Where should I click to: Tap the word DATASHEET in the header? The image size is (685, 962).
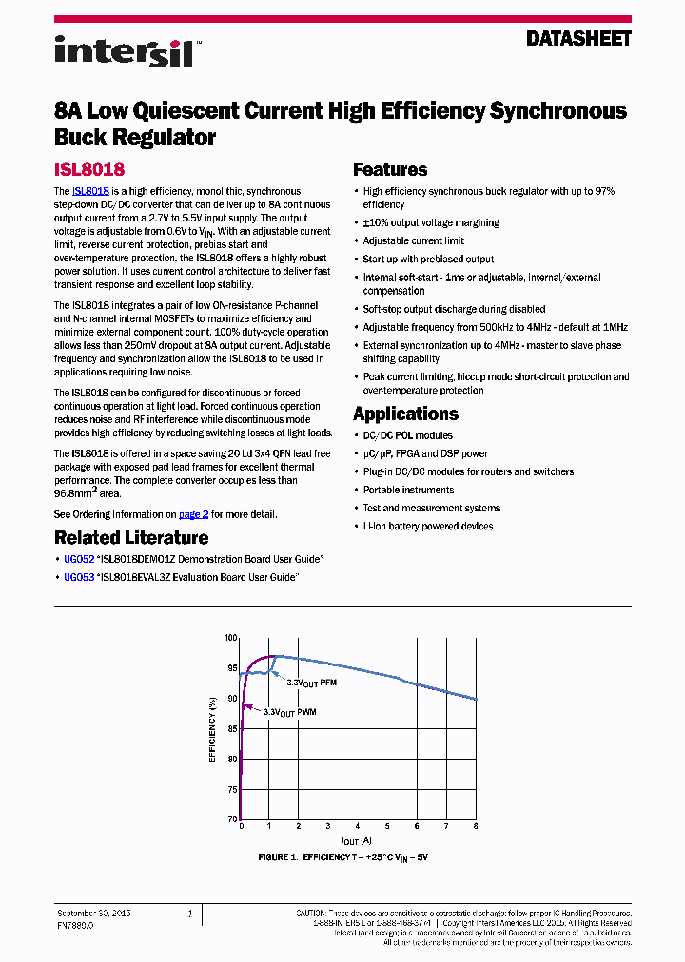click(x=578, y=39)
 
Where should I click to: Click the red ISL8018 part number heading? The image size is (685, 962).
click(x=89, y=170)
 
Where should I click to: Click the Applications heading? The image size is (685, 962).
click(x=405, y=414)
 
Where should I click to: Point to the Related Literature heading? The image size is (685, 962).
click(x=131, y=538)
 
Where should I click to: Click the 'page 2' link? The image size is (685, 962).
click(x=193, y=514)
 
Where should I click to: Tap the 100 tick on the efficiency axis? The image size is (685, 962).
click(x=229, y=637)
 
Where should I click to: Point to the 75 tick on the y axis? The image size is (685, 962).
click(x=231, y=789)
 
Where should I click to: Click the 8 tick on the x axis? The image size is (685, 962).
click(x=476, y=827)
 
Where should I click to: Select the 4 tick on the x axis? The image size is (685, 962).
click(x=358, y=827)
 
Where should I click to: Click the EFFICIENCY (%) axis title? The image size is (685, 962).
click(x=212, y=728)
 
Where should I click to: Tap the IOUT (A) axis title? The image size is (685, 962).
click(x=357, y=841)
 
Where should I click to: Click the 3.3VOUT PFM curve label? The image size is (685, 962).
click(x=312, y=683)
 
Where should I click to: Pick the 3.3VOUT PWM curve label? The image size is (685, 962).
click(x=290, y=711)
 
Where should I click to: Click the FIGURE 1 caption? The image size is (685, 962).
click(x=343, y=857)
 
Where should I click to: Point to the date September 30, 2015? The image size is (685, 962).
click(x=93, y=913)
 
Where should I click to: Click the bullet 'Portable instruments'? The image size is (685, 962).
click(x=408, y=490)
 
